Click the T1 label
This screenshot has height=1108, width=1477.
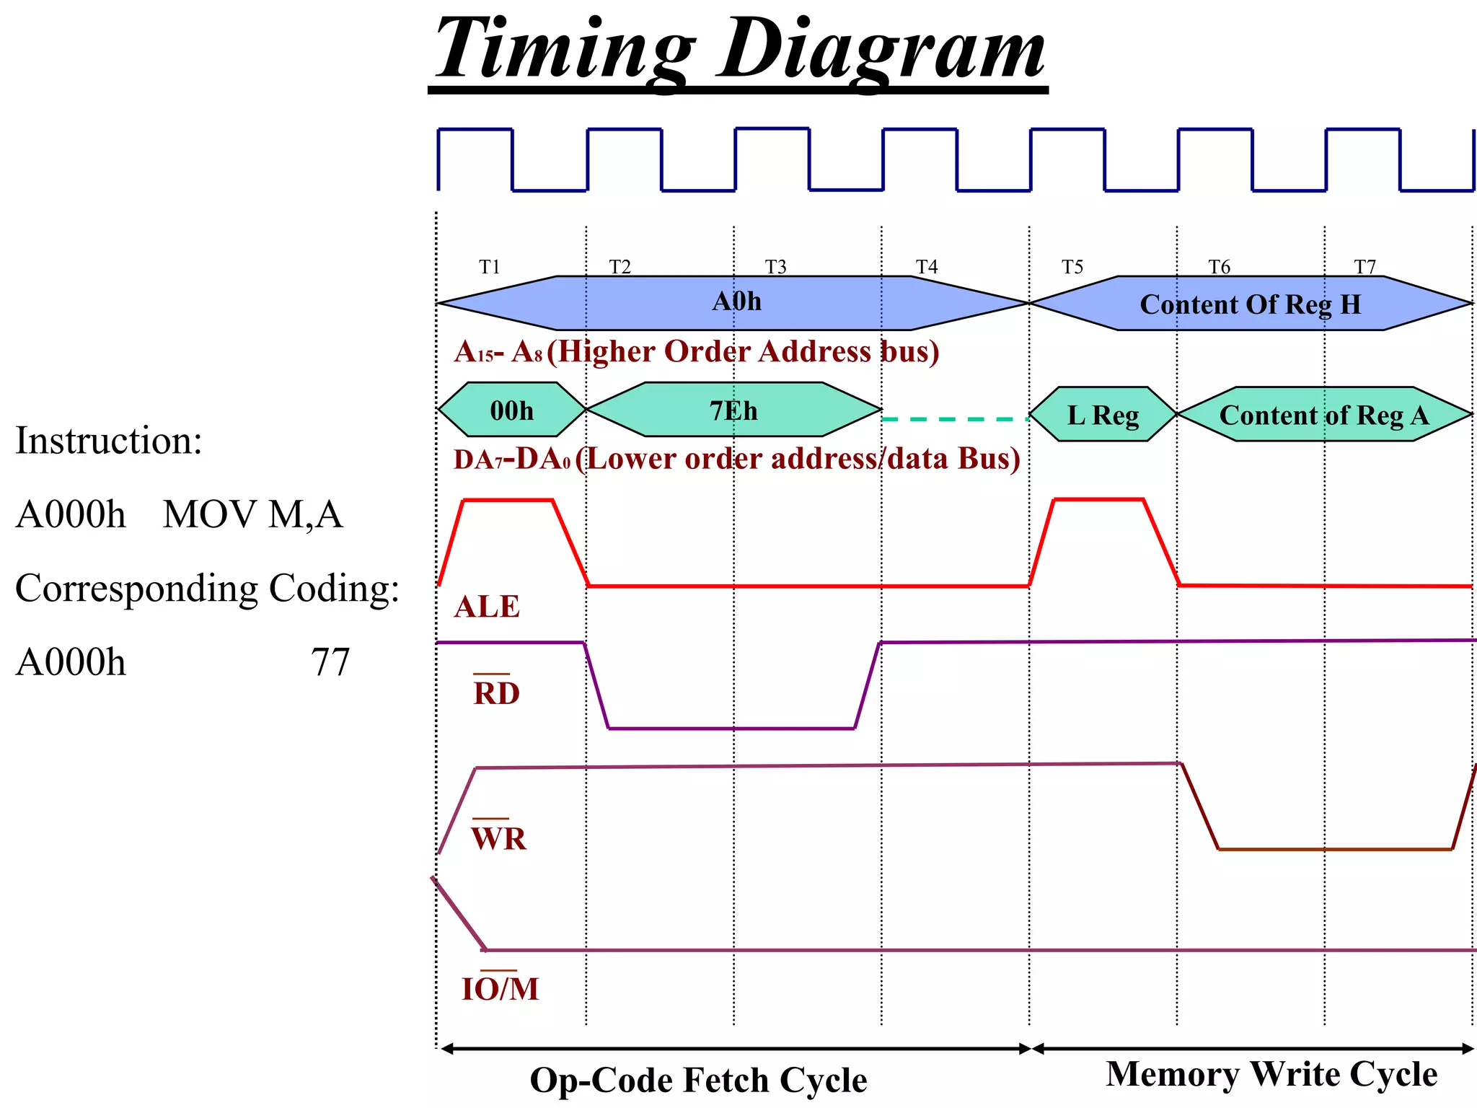click(x=490, y=267)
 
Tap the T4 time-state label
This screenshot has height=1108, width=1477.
click(x=927, y=267)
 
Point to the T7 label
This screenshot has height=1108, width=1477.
click(x=1364, y=267)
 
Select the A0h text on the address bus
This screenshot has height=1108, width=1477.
click(x=736, y=301)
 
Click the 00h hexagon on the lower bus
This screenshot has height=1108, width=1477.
click(x=511, y=410)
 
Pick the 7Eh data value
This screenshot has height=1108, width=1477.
click(x=733, y=410)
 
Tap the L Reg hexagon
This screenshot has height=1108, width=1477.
click(x=1103, y=415)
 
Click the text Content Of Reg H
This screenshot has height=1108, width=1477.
click(x=1251, y=304)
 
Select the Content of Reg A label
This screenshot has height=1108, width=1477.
click(x=1324, y=415)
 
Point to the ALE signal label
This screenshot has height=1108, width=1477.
click(x=487, y=607)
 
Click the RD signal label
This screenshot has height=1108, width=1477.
click(x=496, y=692)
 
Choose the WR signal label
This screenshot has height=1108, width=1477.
click(x=498, y=838)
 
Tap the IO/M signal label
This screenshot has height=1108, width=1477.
click(x=500, y=988)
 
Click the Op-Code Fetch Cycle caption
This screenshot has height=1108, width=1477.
click(x=698, y=1080)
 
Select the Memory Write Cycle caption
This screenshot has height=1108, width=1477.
click(x=1271, y=1073)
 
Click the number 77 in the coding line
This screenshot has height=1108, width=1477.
click(x=330, y=661)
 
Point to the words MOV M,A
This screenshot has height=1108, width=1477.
click(x=252, y=514)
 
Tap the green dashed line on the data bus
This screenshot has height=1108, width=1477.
click(x=955, y=418)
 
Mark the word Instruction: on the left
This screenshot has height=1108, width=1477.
click(x=109, y=440)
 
